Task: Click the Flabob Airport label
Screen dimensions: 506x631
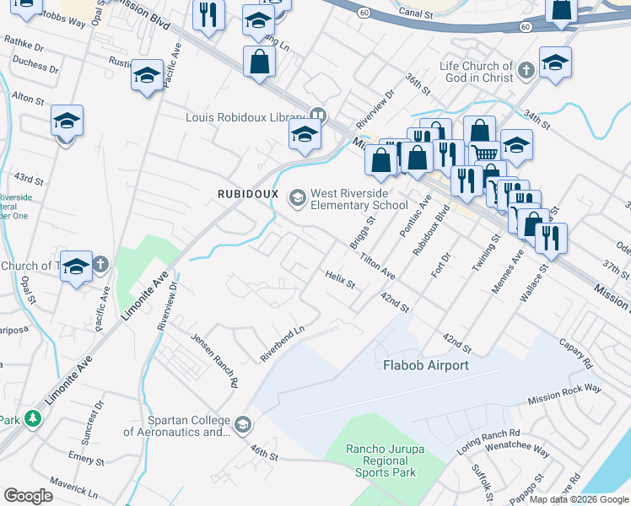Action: click(x=425, y=365)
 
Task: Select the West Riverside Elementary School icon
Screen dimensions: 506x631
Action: click(x=297, y=198)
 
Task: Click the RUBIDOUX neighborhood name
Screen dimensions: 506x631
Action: click(x=248, y=193)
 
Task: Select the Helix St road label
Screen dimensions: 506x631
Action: click(x=341, y=278)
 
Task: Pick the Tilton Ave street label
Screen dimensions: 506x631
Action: click(x=377, y=267)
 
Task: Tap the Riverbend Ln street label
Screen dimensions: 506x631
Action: click(x=281, y=345)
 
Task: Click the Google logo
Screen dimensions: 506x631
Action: click(x=28, y=496)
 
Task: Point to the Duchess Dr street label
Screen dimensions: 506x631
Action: click(x=35, y=64)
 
